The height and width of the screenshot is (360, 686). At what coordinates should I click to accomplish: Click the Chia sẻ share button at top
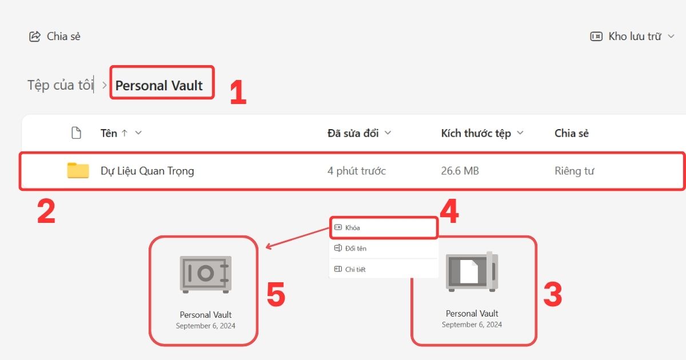55,37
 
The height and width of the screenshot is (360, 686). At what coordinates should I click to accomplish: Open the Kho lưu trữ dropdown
632,37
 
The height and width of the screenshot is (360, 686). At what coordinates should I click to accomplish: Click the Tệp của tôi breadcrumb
60,86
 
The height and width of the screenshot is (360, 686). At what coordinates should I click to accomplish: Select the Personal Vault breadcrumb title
159,86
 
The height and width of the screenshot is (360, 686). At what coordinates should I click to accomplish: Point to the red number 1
237,94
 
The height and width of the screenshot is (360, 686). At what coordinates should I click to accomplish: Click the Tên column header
109,133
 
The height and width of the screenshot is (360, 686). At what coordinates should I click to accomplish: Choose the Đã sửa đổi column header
353,133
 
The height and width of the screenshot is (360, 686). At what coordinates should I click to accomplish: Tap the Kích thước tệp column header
476,133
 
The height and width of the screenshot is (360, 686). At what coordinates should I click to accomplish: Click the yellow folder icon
78,170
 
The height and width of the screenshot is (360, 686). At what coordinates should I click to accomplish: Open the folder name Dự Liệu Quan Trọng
147,171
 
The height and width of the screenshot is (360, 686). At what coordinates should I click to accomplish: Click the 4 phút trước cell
357,171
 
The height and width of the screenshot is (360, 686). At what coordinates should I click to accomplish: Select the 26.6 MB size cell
460,171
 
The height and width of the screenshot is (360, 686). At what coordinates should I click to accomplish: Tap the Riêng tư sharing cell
574,171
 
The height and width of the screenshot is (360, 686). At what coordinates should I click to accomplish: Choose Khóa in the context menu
353,227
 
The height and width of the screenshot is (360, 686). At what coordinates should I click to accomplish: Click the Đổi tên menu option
356,249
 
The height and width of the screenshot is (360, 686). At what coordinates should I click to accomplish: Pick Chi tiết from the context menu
355,269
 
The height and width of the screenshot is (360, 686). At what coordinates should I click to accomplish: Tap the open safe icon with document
472,272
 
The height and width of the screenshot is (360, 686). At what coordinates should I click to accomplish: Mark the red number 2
46,211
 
